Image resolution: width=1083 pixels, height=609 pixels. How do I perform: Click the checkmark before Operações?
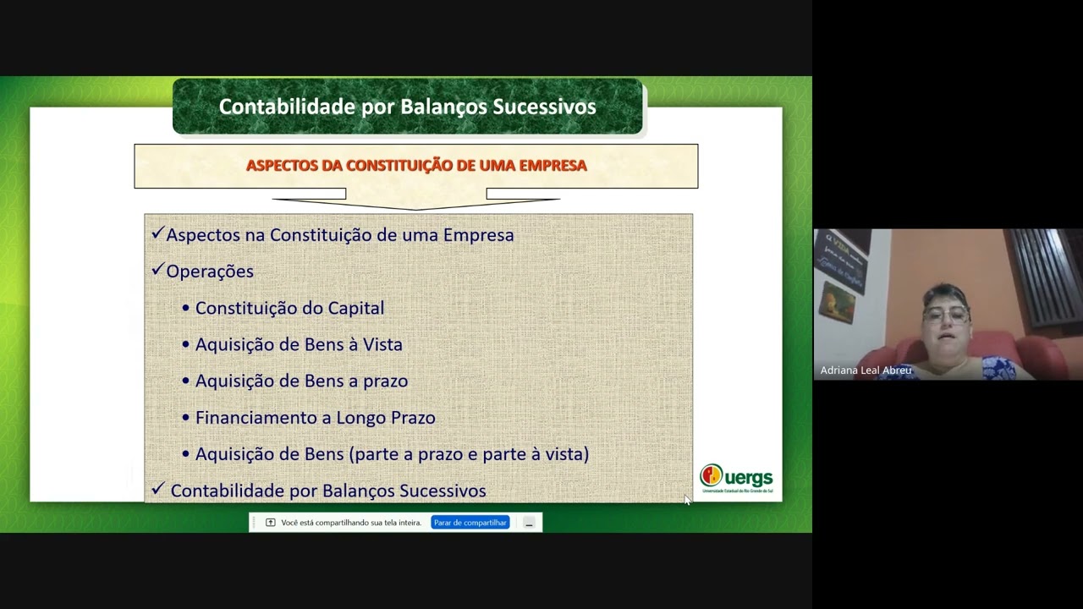point(157,270)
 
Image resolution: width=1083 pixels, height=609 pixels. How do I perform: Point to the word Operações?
point(210,272)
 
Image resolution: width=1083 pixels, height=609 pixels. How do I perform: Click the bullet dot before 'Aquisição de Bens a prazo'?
point(186,381)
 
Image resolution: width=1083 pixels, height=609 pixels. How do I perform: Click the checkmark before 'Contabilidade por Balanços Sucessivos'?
point(157,489)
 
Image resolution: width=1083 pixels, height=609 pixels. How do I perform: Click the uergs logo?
point(736,479)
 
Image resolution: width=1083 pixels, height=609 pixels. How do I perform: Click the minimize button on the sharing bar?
point(529,523)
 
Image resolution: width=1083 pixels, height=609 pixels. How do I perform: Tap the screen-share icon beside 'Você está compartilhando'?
point(270,523)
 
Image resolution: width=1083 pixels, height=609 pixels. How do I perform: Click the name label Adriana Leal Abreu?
point(866,370)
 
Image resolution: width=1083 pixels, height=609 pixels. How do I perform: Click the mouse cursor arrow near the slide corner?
point(686,500)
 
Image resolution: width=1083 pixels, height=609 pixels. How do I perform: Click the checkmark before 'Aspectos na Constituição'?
point(157,233)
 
